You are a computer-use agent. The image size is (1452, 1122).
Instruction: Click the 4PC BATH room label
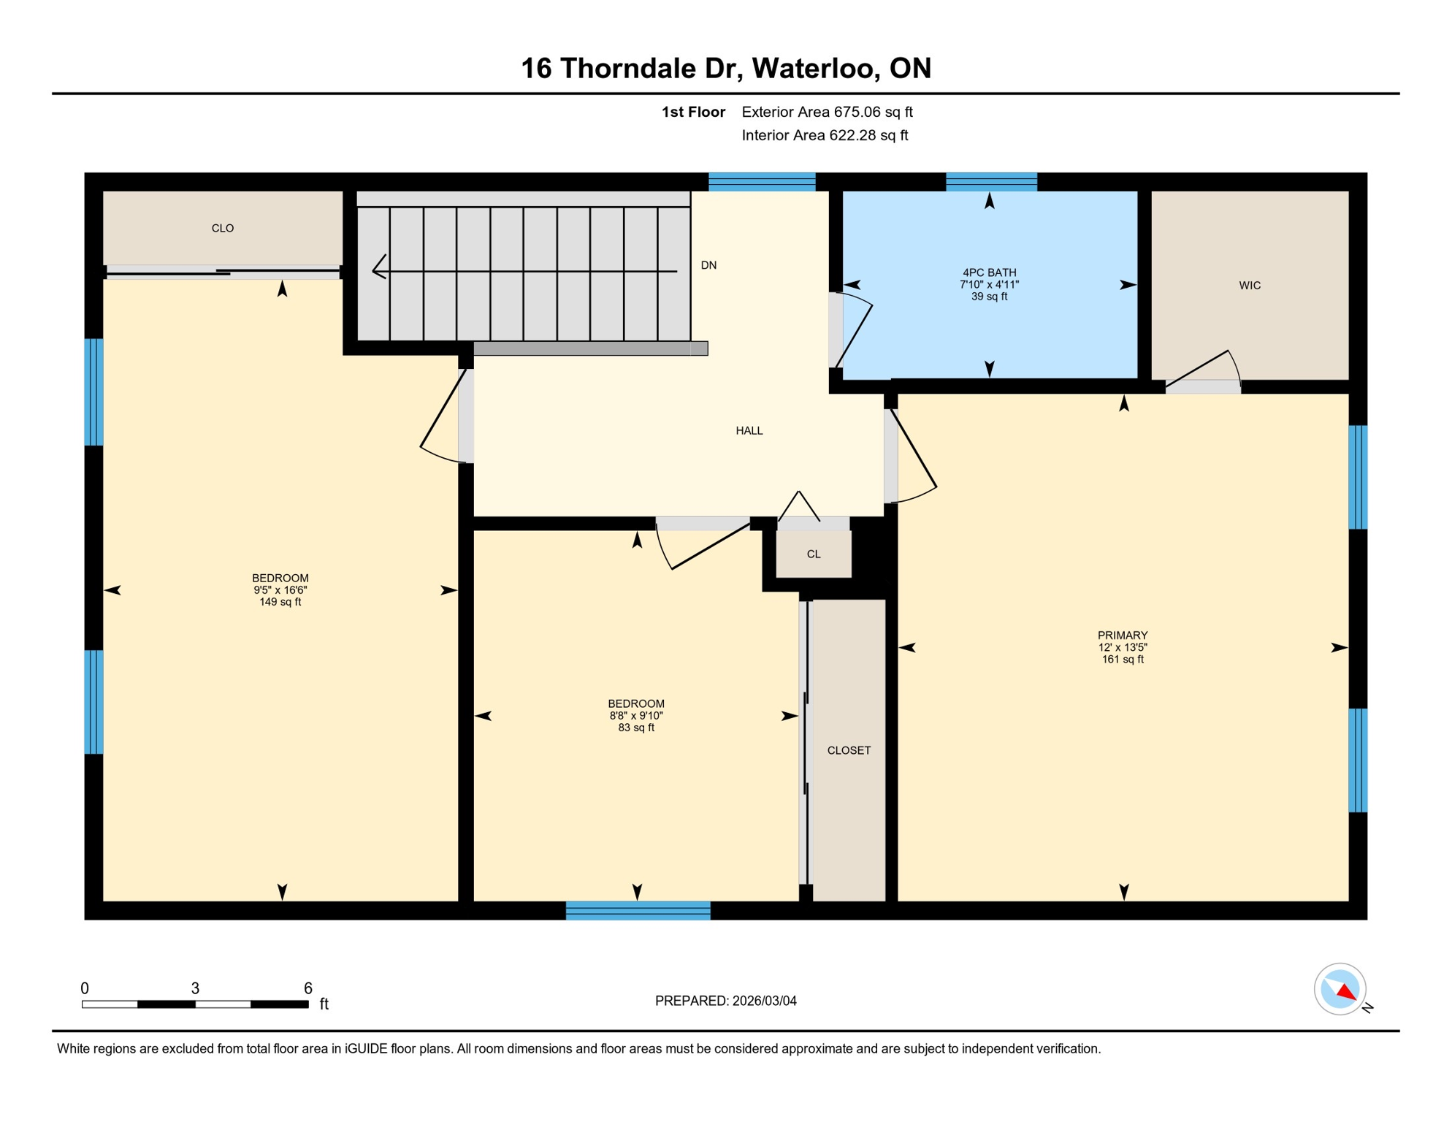coord(989,272)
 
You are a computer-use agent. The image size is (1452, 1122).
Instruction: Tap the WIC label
coord(1249,286)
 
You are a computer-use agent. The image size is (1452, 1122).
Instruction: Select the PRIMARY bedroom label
coord(1122,636)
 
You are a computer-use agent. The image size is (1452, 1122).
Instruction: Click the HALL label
coord(749,431)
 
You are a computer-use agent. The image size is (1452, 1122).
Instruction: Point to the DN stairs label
coord(708,265)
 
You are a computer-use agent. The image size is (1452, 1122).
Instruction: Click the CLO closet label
coord(222,229)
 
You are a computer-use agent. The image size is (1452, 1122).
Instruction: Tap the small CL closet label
coord(813,554)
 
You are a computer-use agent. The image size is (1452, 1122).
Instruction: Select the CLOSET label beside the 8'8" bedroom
coord(848,750)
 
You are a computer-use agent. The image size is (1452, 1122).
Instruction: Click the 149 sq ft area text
coord(280,603)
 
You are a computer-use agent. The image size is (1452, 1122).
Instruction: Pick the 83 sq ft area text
coord(635,728)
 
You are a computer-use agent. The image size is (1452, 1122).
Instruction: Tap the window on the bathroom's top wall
coord(990,182)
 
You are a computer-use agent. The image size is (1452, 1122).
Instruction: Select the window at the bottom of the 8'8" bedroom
coord(638,910)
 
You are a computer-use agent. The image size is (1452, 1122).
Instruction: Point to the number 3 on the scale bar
coord(195,988)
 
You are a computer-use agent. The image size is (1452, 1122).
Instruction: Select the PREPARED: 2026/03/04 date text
coord(725,1001)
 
